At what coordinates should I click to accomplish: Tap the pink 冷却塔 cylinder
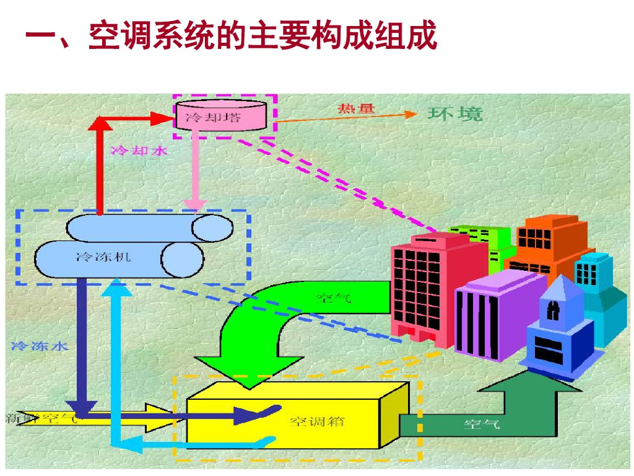click(x=224, y=116)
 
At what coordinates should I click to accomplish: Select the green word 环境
click(x=454, y=113)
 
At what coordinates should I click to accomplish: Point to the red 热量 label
click(x=356, y=109)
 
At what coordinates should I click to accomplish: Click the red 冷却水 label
click(x=139, y=150)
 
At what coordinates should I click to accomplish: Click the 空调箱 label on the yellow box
click(x=318, y=422)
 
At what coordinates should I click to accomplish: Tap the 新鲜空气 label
click(x=41, y=418)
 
